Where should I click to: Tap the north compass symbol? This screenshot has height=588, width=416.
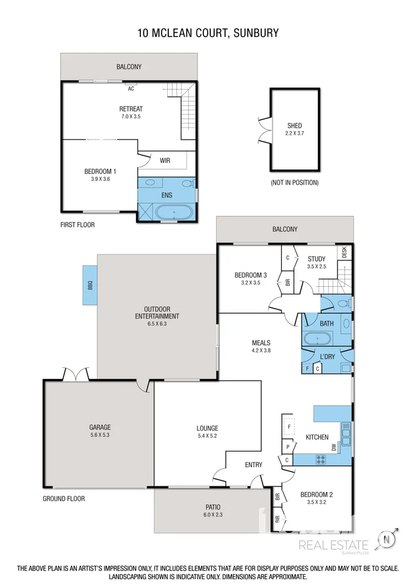pos(389,539)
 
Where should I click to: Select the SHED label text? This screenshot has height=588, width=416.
pos(294,126)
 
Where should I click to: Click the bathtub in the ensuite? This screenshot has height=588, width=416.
pos(174,213)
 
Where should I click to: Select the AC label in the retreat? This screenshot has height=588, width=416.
pos(131,89)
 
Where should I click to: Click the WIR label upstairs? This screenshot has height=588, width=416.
pos(165,160)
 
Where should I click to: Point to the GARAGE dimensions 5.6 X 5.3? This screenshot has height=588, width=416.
pos(100,435)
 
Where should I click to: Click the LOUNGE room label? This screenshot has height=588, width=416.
pos(207,428)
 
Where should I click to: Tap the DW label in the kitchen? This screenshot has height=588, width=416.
pos(334,447)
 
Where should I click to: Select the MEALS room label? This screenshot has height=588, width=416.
pos(261,343)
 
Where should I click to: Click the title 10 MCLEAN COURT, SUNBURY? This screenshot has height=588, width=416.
pos(208,32)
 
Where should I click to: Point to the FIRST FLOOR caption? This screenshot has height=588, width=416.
pos(77,224)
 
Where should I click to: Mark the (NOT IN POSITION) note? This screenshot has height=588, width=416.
pos(294,183)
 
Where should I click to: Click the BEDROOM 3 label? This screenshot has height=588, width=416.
pos(251,276)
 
